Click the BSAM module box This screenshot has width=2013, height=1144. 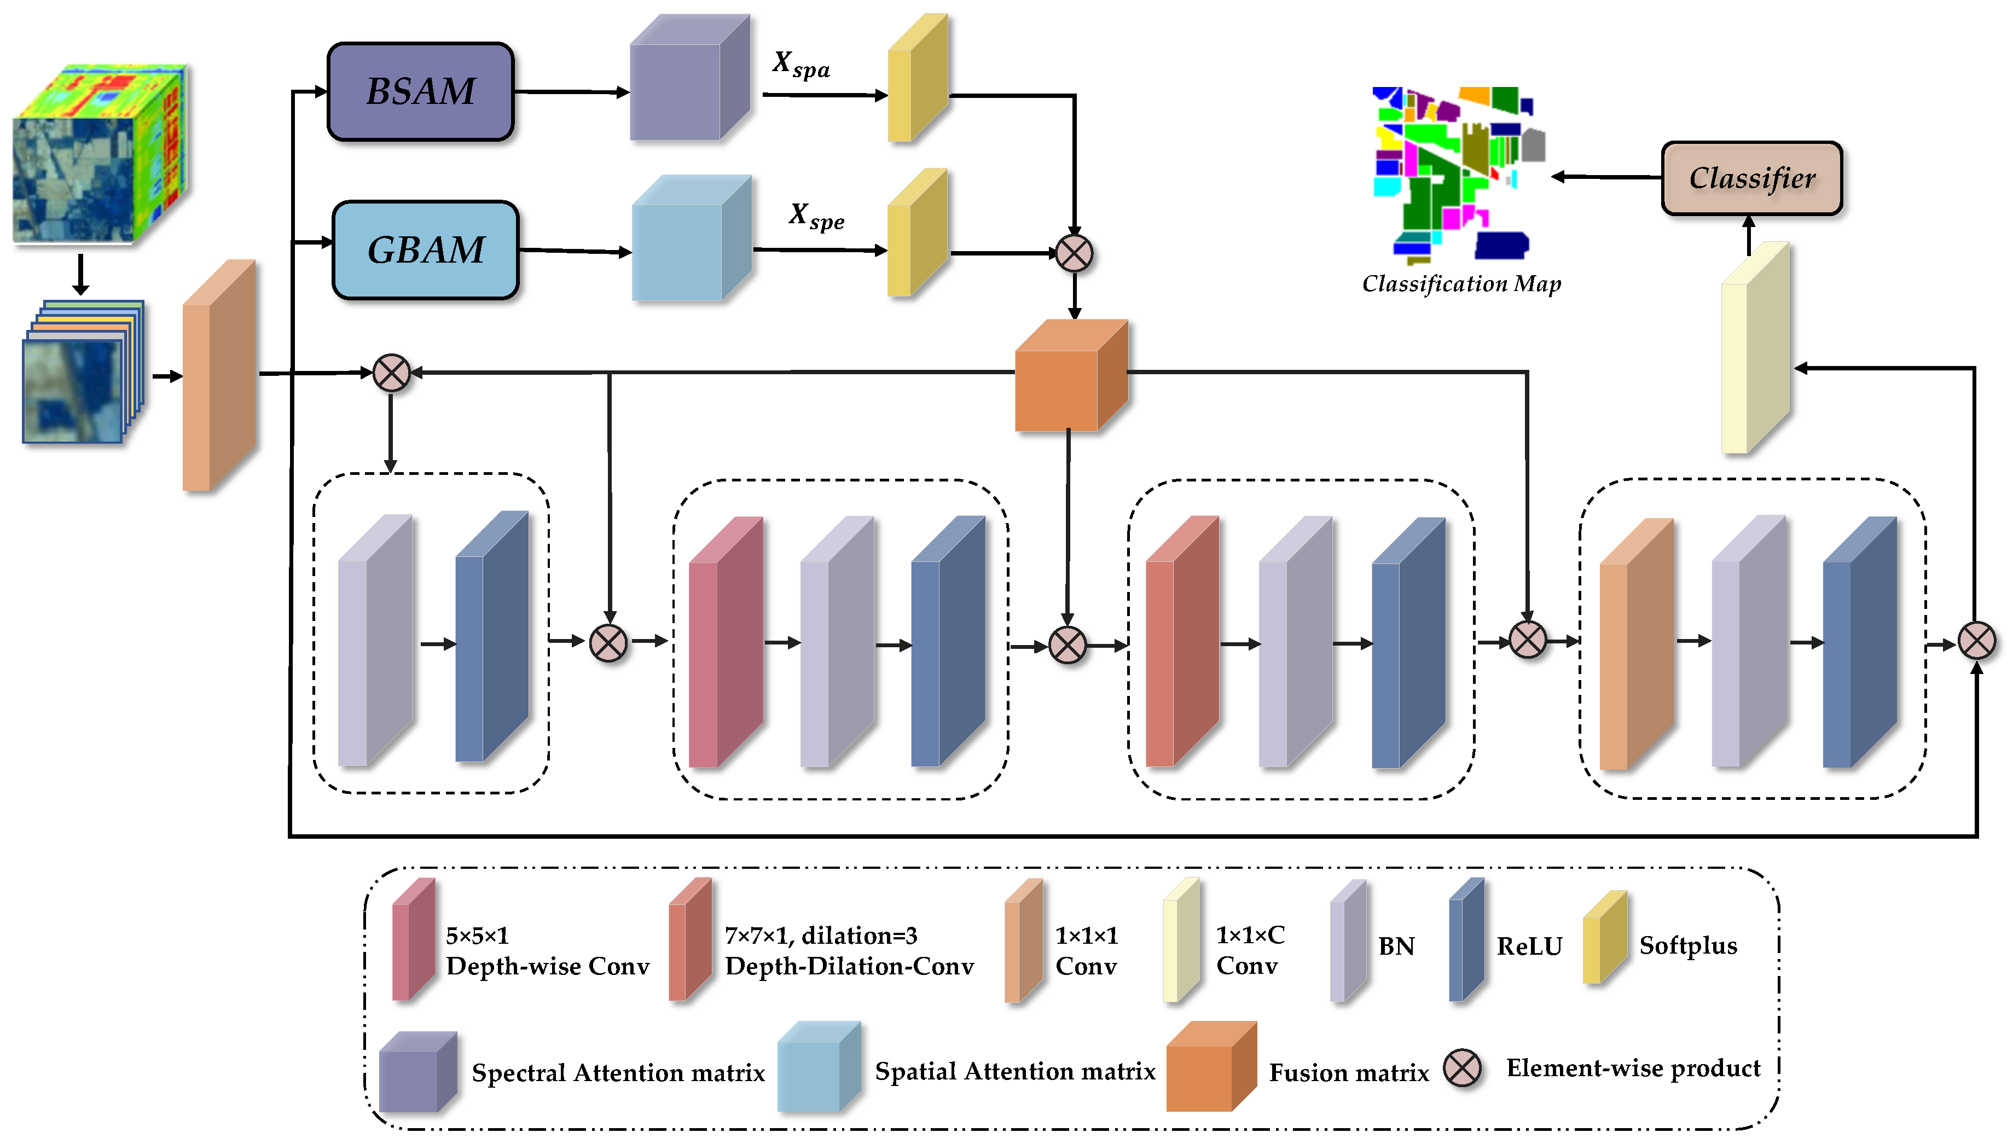point(420,91)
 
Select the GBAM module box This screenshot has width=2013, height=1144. point(425,250)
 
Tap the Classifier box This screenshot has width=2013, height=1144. point(1751,178)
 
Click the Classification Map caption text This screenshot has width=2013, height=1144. point(1461,283)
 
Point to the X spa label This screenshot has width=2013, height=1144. point(800,65)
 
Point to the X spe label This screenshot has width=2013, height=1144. point(816,216)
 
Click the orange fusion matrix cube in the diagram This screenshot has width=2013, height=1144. point(1070,375)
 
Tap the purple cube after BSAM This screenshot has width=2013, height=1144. point(689,79)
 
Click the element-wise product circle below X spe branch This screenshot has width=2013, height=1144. point(1074,253)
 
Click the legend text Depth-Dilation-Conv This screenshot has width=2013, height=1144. point(849,966)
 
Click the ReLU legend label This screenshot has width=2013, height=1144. point(1528,946)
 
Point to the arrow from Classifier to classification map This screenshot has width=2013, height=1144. point(1607,177)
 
